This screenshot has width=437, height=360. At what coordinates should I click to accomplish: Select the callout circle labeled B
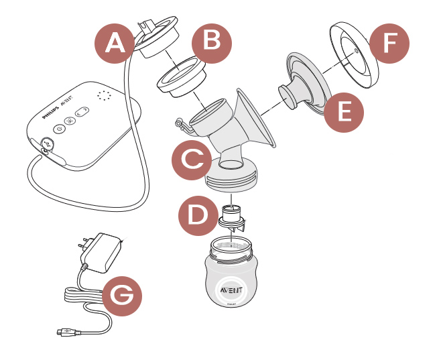click(211, 42)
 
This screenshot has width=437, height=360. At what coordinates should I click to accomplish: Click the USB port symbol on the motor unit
click(48, 143)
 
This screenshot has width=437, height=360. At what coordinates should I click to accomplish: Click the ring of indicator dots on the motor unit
click(104, 97)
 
